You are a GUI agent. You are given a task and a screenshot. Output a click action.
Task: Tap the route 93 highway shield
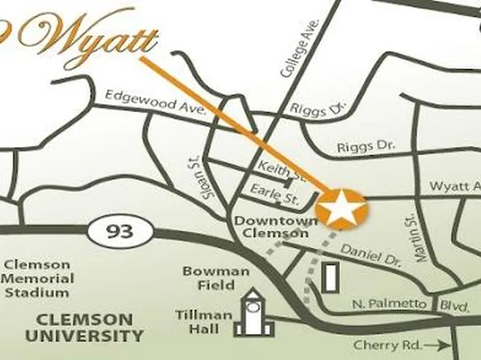tap(118, 232)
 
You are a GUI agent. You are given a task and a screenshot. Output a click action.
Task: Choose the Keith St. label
tap(280, 170)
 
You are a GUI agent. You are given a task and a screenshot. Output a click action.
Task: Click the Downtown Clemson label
tap(270, 226)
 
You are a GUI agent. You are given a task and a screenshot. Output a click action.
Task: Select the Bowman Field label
tap(215, 278)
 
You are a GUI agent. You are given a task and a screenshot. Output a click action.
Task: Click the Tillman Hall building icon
tap(252, 313)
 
